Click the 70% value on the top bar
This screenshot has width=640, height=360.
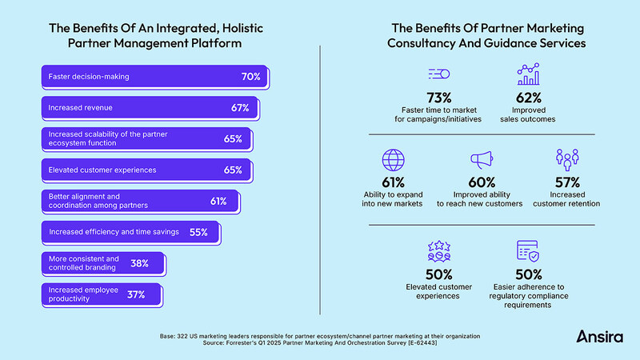click(250, 77)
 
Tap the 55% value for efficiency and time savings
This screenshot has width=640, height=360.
click(198, 233)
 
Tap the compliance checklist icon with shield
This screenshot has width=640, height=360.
click(528, 253)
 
